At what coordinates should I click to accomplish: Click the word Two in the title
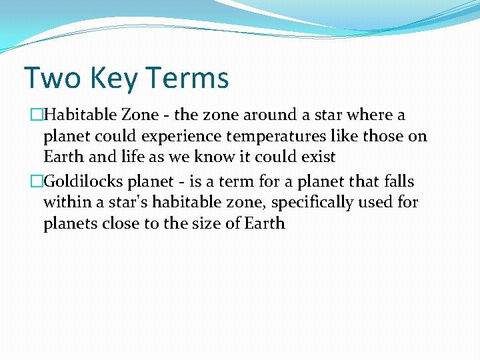(x=50, y=78)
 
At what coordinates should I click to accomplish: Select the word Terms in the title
(x=187, y=78)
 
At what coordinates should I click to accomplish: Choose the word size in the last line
(x=203, y=223)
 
